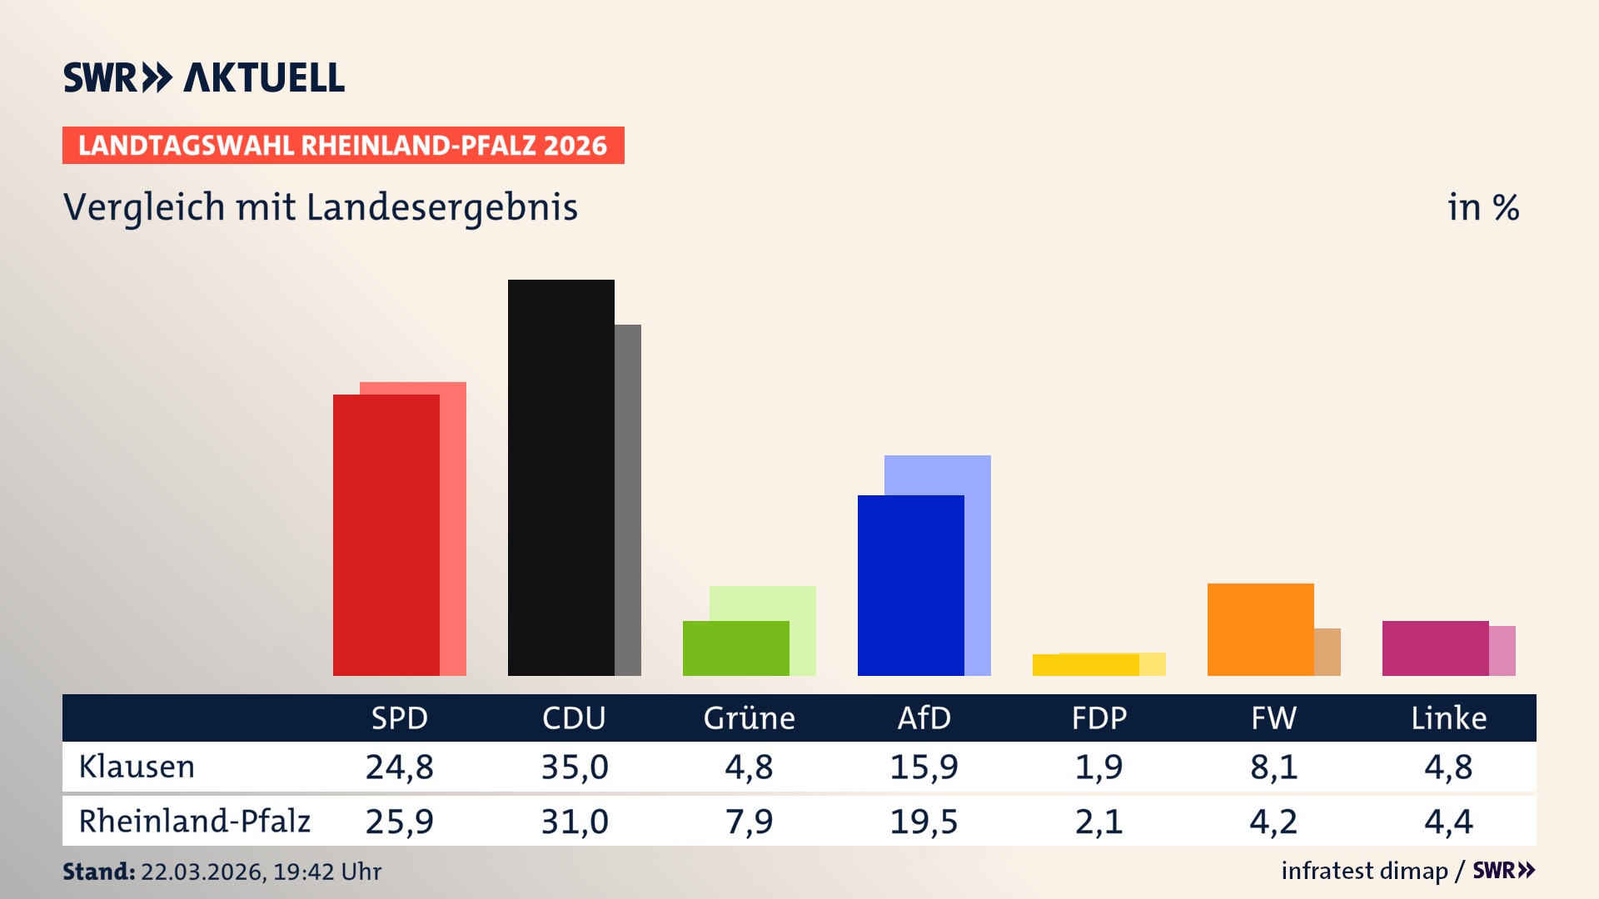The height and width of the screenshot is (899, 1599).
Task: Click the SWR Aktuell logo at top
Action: click(x=203, y=77)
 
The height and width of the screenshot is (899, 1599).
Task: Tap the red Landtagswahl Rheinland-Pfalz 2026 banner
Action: click(x=343, y=146)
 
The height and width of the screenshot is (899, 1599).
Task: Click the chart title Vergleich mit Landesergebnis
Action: click(x=320, y=207)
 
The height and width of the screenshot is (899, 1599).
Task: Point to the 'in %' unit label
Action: click(x=1482, y=207)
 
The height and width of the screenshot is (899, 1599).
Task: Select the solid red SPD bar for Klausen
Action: click(x=386, y=534)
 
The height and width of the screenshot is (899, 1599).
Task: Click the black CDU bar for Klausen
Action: click(x=560, y=477)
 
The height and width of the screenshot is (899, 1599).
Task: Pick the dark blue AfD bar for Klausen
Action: click(x=910, y=584)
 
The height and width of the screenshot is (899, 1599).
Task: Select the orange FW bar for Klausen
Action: click(x=1260, y=628)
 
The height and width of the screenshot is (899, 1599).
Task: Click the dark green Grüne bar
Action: click(x=735, y=648)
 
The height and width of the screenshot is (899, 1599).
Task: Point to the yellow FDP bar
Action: click(x=1085, y=664)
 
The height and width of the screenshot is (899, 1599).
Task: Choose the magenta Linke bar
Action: click(x=1435, y=648)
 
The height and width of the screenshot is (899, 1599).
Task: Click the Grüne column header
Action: click(x=749, y=718)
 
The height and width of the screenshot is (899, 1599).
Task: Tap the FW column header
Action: click(x=1273, y=718)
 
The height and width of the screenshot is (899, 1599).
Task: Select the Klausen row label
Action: click(x=137, y=767)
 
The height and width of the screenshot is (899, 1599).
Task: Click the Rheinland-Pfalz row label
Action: click(x=194, y=821)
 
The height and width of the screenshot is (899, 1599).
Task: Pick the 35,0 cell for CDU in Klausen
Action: click(x=575, y=767)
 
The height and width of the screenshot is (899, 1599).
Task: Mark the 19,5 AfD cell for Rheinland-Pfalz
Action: click(x=924, y=821)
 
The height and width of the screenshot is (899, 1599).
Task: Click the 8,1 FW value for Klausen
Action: click(x=1273, y=767)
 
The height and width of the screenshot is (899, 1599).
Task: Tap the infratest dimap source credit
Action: click(x=1364, y=871)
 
